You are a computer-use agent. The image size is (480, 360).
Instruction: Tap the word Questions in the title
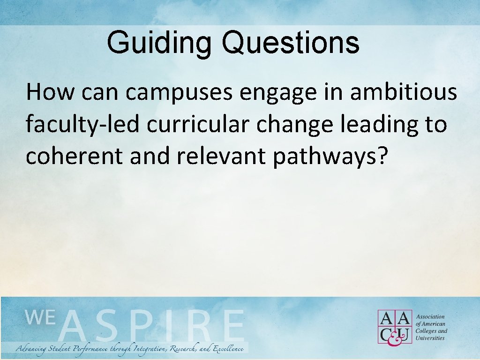click(291, 43)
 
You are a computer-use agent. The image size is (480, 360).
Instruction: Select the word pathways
click(323, 158)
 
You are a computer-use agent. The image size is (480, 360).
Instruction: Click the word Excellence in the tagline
click(228, 349)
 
